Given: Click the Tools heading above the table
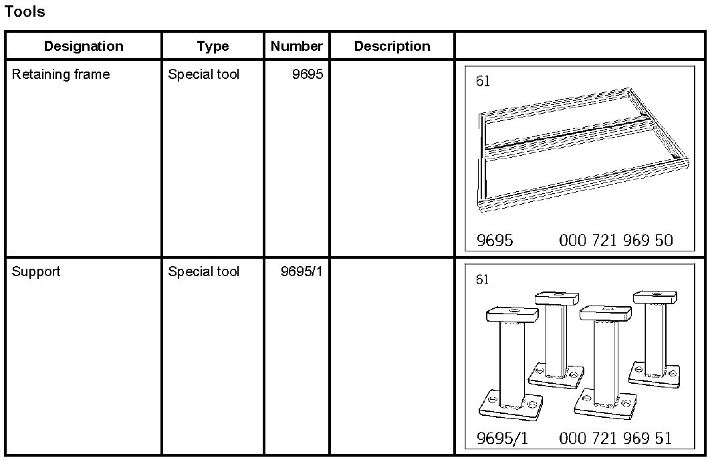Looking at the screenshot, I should point(25,11).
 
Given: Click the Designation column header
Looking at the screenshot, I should point(84,46).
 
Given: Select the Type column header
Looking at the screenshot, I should point(213,46).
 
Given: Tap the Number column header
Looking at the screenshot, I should point(296,46).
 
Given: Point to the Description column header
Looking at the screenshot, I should point(392,46).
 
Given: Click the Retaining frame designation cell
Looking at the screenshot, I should point(60,74).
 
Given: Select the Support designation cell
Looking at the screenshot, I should point(36,271).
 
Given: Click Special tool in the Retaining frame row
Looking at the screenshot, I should point(203,74).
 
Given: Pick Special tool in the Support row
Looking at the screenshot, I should point(203,271).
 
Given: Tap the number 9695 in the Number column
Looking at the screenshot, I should point(308,74).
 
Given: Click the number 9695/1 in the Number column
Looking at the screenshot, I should point(302,271).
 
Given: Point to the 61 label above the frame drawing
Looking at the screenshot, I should point(483,82).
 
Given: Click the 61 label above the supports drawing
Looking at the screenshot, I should point(483,279).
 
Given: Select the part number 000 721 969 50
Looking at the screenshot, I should point(616,240).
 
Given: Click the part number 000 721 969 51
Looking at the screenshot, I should point(616,438).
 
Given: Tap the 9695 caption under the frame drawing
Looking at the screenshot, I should point(495,240).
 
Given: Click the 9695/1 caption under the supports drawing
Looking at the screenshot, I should point(502,438).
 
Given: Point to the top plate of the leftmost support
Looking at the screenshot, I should point(513,313).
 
